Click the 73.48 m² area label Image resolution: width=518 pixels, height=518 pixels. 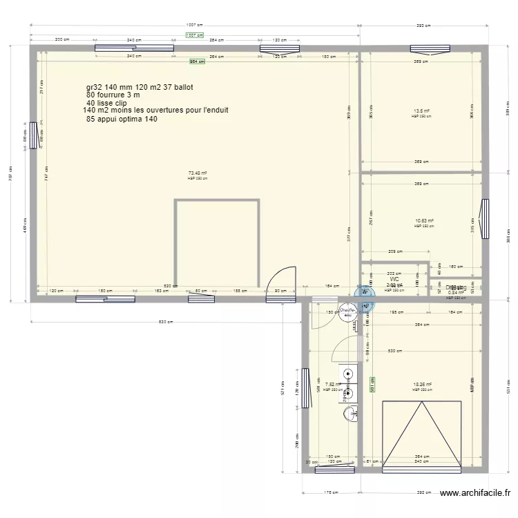pyautogui.click(x=198, y=173)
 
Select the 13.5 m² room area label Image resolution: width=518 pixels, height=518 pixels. pyautogui.click(x=421, y=111)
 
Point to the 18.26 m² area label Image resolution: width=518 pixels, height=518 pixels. pyautogui.click(x=421, y=385)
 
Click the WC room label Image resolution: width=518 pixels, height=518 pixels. pyautogui.click(x=394, y=279)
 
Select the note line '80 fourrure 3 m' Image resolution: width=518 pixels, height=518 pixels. pyautogui.click(x=113, y=95)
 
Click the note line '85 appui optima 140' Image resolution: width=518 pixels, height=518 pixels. pyautogui.click(x=122, y=119)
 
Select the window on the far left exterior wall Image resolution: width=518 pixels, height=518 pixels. pyautogui.click(x=33, y=135)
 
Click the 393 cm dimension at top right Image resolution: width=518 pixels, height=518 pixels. pyautogui.click(x=423, y=26)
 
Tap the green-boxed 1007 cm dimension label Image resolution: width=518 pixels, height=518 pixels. pyautogui.click(x=195, y=35)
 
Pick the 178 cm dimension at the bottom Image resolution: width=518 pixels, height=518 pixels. pyautogui.click(x=331, y=493)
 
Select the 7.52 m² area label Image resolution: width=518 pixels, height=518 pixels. pyautogui.click(x=333, y=385)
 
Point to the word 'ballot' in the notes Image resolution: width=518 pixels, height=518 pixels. pyautogui.click(x=184, y=88)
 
